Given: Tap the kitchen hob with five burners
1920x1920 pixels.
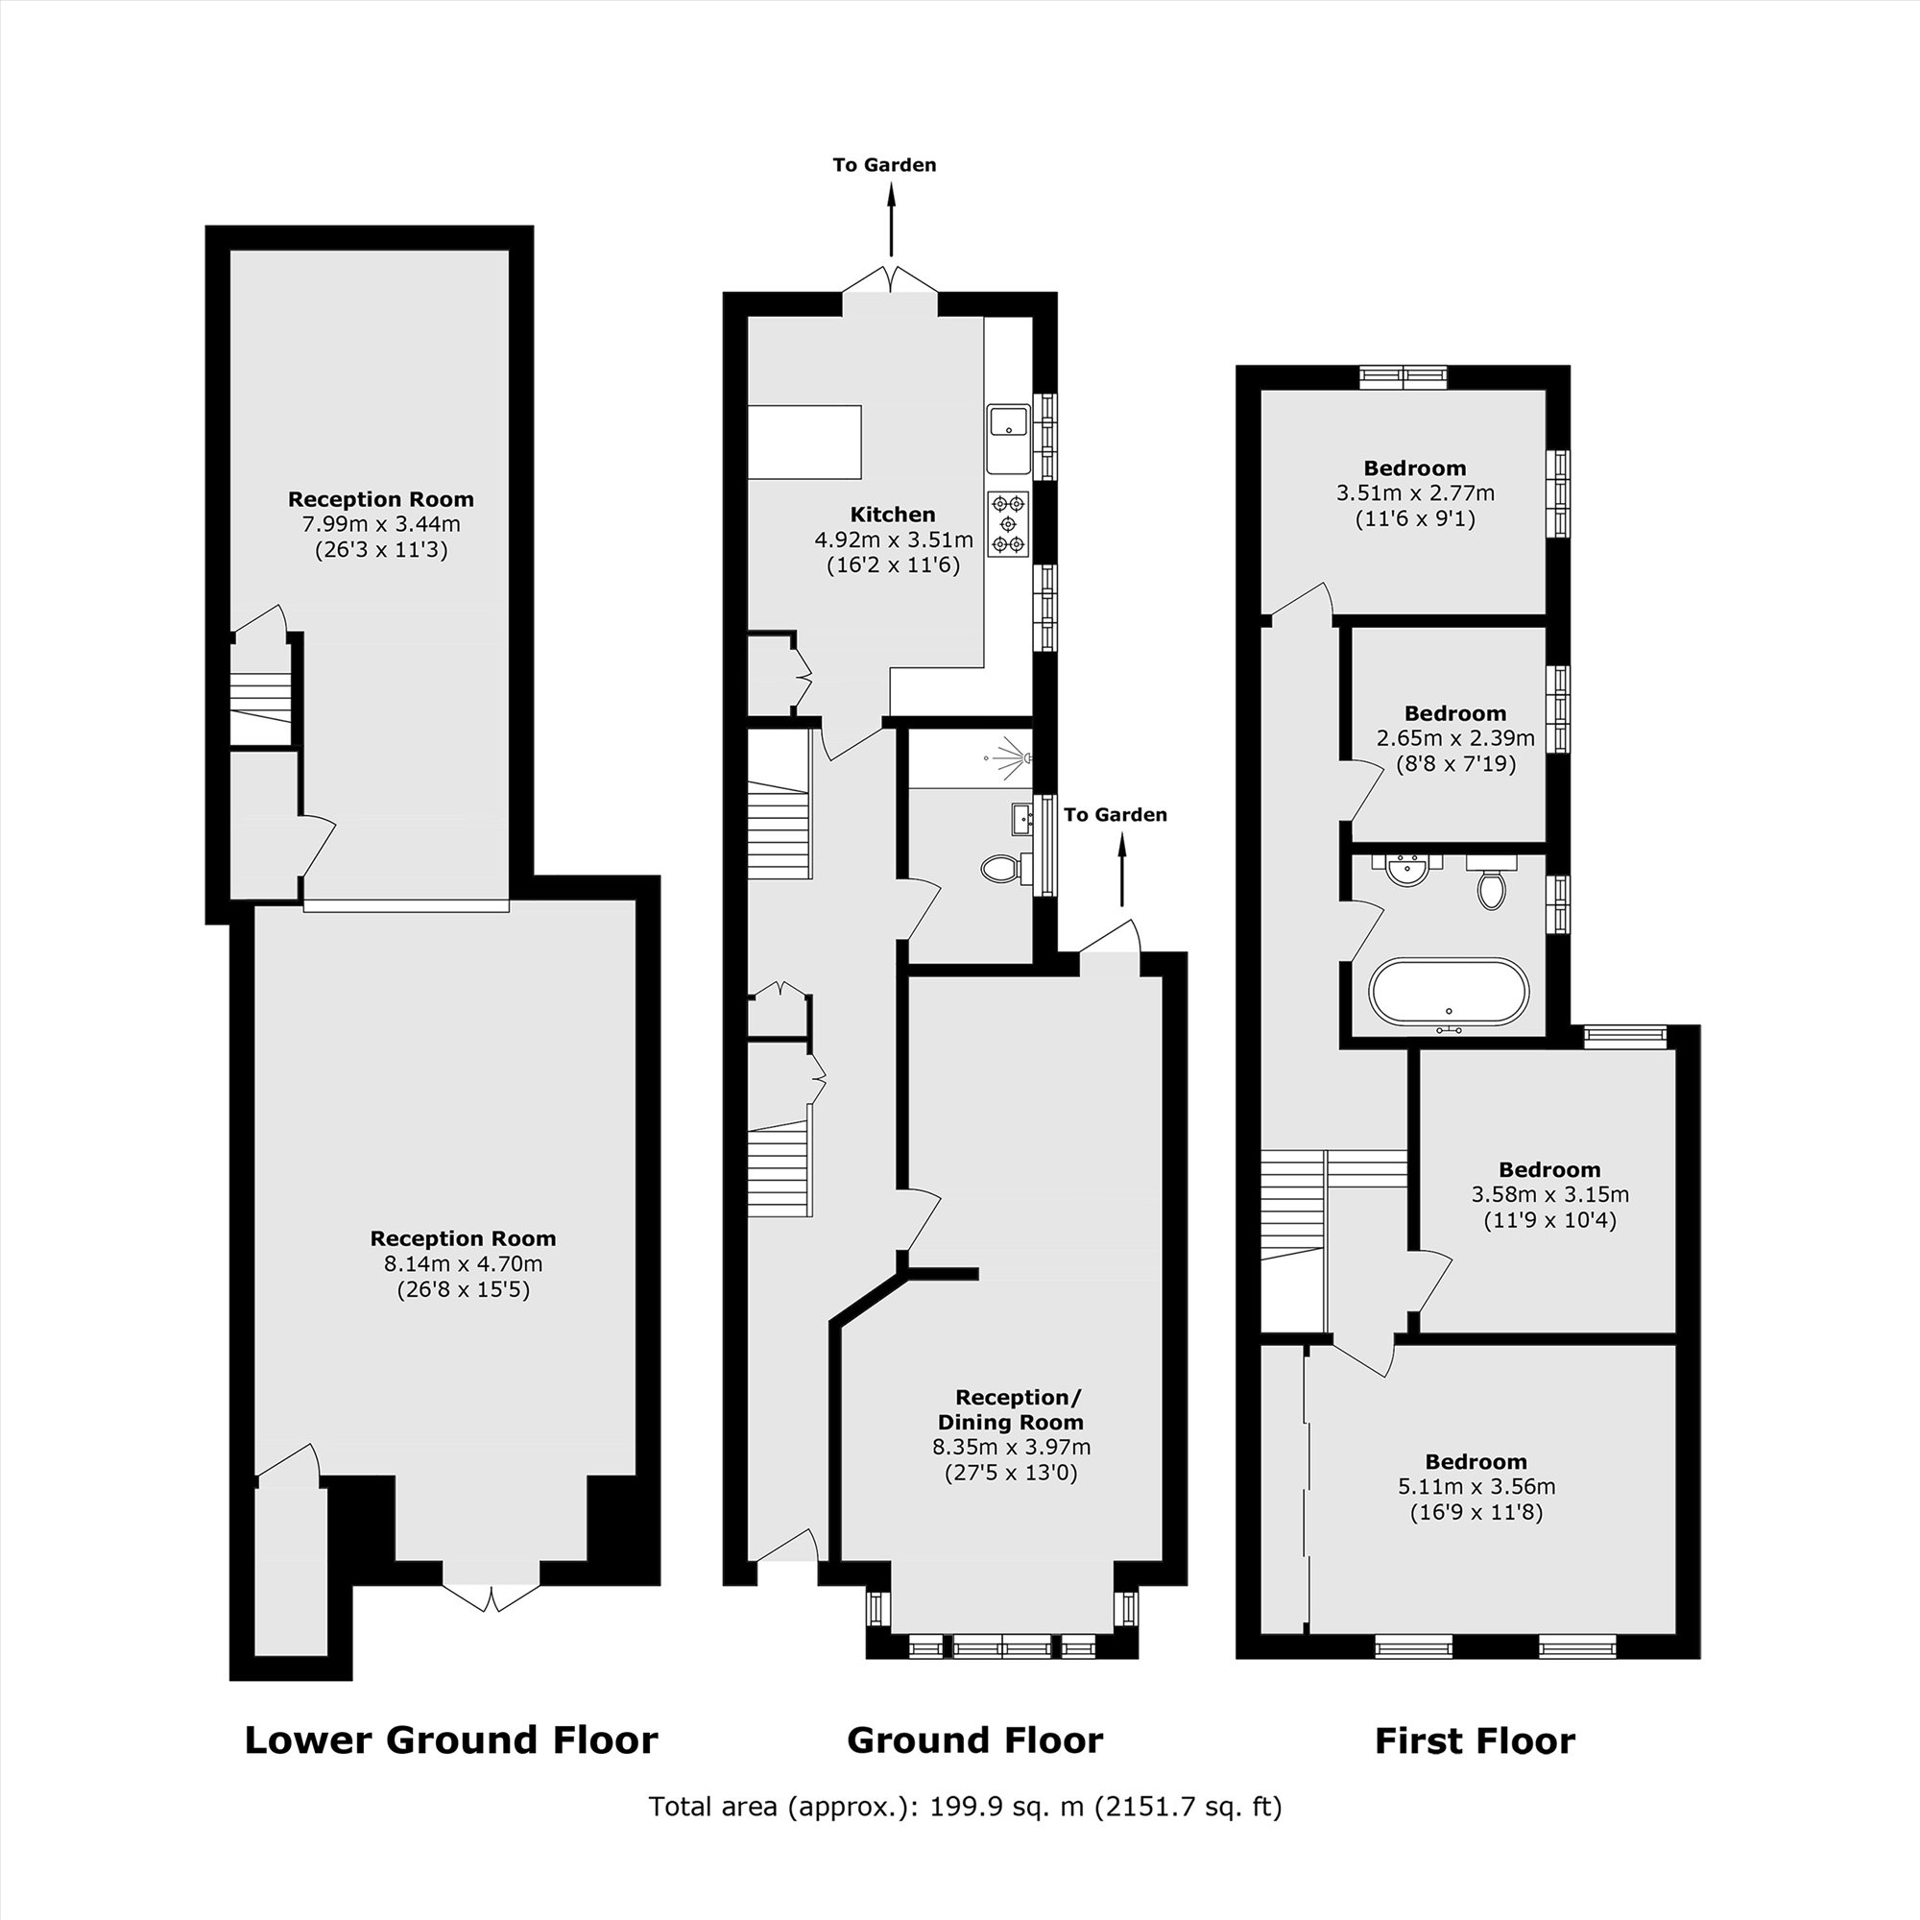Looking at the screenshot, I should (1009, 523).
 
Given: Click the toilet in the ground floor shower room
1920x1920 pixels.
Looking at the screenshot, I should (999, 870).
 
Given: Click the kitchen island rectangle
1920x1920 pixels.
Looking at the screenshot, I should (804, 443).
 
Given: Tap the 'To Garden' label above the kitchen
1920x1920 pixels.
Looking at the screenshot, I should (884, 165).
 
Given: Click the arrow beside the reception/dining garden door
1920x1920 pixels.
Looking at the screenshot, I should (1122, 871).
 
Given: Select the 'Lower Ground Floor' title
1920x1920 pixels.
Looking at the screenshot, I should (451, 1740).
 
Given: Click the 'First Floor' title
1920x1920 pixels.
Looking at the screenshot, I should (1475, 1741).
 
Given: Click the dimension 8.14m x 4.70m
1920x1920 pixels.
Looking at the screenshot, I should (463, 1264).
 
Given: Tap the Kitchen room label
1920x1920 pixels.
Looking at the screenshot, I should (893, 514).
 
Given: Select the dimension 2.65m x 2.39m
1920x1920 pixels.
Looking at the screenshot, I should (1455, 738).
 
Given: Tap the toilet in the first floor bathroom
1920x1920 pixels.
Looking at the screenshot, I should (1489, 885).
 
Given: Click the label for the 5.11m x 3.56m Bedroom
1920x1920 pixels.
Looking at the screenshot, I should (1476, 1462).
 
